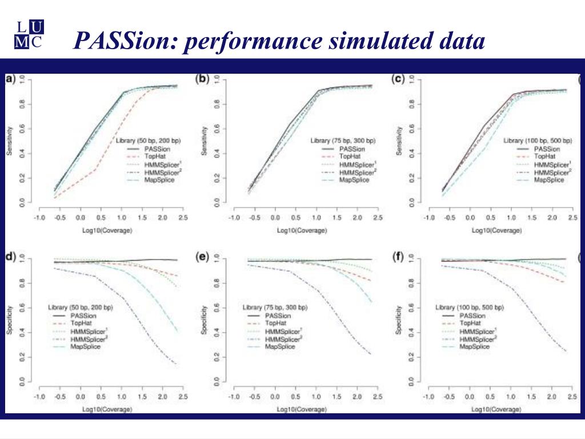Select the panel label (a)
(10, 79)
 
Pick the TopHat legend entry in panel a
(154, 155)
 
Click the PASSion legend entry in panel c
(546, 148)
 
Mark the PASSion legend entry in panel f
(472, 316)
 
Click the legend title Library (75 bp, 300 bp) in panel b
(343, 140)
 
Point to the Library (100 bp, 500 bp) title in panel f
(469, 308)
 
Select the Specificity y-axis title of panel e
(204, 322)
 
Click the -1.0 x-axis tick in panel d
(39, 397)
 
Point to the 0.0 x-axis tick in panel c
(470, 218)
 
